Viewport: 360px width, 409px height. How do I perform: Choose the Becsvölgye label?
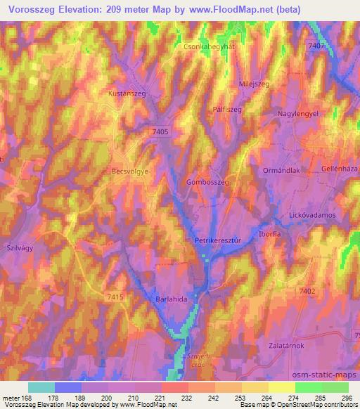134,171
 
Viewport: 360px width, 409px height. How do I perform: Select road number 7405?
160,131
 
